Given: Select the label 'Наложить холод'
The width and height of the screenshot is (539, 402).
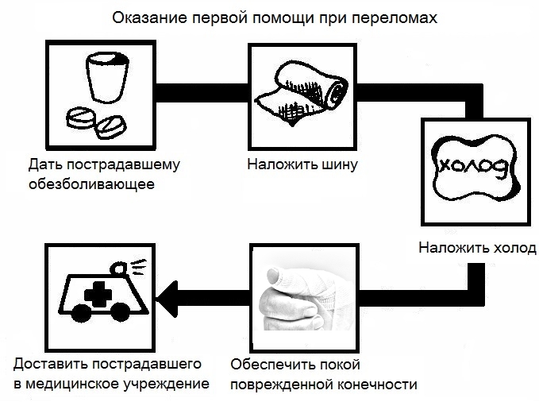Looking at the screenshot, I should tap(478, 248).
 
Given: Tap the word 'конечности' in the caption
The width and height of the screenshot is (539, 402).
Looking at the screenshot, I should tap(377, 385).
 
